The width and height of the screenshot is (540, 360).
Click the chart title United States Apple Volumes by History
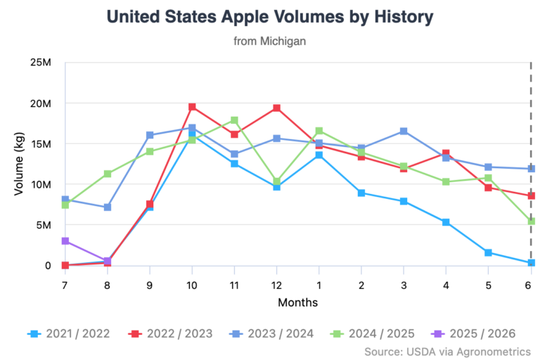(269, 16)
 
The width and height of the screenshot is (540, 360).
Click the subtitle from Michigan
(269, 41)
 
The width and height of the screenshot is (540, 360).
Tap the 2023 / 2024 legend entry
(274, 333)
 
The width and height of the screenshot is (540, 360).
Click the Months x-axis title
(297, 303)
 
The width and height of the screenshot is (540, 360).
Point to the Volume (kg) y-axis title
(19, 164)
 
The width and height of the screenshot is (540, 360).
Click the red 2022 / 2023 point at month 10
(192, 107)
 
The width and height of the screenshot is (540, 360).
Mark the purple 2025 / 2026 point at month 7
(65, 241)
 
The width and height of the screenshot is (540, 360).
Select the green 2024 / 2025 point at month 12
(276, 181)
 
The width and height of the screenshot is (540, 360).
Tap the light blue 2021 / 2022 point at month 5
(488, 252)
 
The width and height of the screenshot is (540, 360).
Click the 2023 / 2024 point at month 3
(403, 131)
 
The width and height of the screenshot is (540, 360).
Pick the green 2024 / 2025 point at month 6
(530, 221)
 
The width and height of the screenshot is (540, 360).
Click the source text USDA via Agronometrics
(448, 350)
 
